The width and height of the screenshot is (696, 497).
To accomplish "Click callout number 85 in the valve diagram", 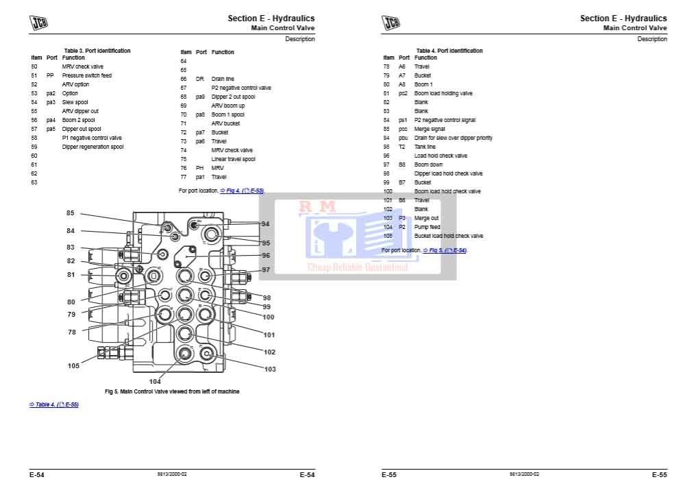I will click(70, 213).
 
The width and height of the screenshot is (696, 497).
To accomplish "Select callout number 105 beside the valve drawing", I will click(73, 365).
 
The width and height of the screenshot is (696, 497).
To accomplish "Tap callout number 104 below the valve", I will click(156, 381).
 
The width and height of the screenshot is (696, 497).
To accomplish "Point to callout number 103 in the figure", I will click(269, 369).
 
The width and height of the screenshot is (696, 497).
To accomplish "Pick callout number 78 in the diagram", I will click(72, 332).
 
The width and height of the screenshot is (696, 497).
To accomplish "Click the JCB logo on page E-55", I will click(390, 23).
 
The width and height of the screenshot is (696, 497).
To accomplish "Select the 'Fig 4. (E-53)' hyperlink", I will click(241, 191).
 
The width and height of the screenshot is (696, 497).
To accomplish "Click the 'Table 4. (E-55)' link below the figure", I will click(53, 404).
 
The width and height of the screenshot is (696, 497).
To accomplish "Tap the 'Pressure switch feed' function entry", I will click(86, 75).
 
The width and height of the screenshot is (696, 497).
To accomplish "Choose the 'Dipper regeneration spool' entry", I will click(92, 147).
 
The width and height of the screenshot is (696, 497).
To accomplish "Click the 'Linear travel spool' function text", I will click(233, 159).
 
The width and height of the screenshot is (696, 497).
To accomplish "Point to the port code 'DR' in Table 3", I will click(200, 79).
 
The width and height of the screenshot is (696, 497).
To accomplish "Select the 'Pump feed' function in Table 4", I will click(427, 227).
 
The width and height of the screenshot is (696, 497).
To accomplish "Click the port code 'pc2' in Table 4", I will click(403, 93).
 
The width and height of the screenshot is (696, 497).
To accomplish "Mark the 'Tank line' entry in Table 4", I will click(425, 147).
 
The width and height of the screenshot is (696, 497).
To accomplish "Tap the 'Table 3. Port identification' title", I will click(97, 51).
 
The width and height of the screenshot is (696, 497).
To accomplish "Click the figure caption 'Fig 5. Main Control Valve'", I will click(172, 391).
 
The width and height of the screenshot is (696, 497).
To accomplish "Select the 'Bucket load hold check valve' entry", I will click(448, 236).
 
